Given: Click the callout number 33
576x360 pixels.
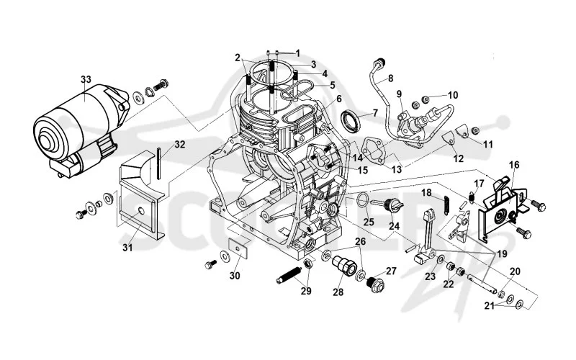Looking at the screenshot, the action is coord(86,79).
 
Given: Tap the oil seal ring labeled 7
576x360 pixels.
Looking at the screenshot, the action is coord(351,121).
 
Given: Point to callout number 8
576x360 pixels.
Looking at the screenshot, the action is coord(390,78).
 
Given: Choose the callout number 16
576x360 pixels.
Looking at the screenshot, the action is coord(514,165).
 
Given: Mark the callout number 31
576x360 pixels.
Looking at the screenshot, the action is coord(127,248).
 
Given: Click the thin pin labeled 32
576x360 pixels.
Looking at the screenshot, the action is coord(158,163).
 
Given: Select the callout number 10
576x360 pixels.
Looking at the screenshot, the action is coord(453,95).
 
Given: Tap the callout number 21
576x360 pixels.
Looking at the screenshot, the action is coord(489,305).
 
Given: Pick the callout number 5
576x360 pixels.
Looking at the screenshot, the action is coord(333,85).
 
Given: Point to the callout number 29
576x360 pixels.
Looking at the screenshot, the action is coord(306,291).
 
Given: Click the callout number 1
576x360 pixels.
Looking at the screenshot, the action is coord(297,53).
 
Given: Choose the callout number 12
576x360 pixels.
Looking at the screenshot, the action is coord(459,158).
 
